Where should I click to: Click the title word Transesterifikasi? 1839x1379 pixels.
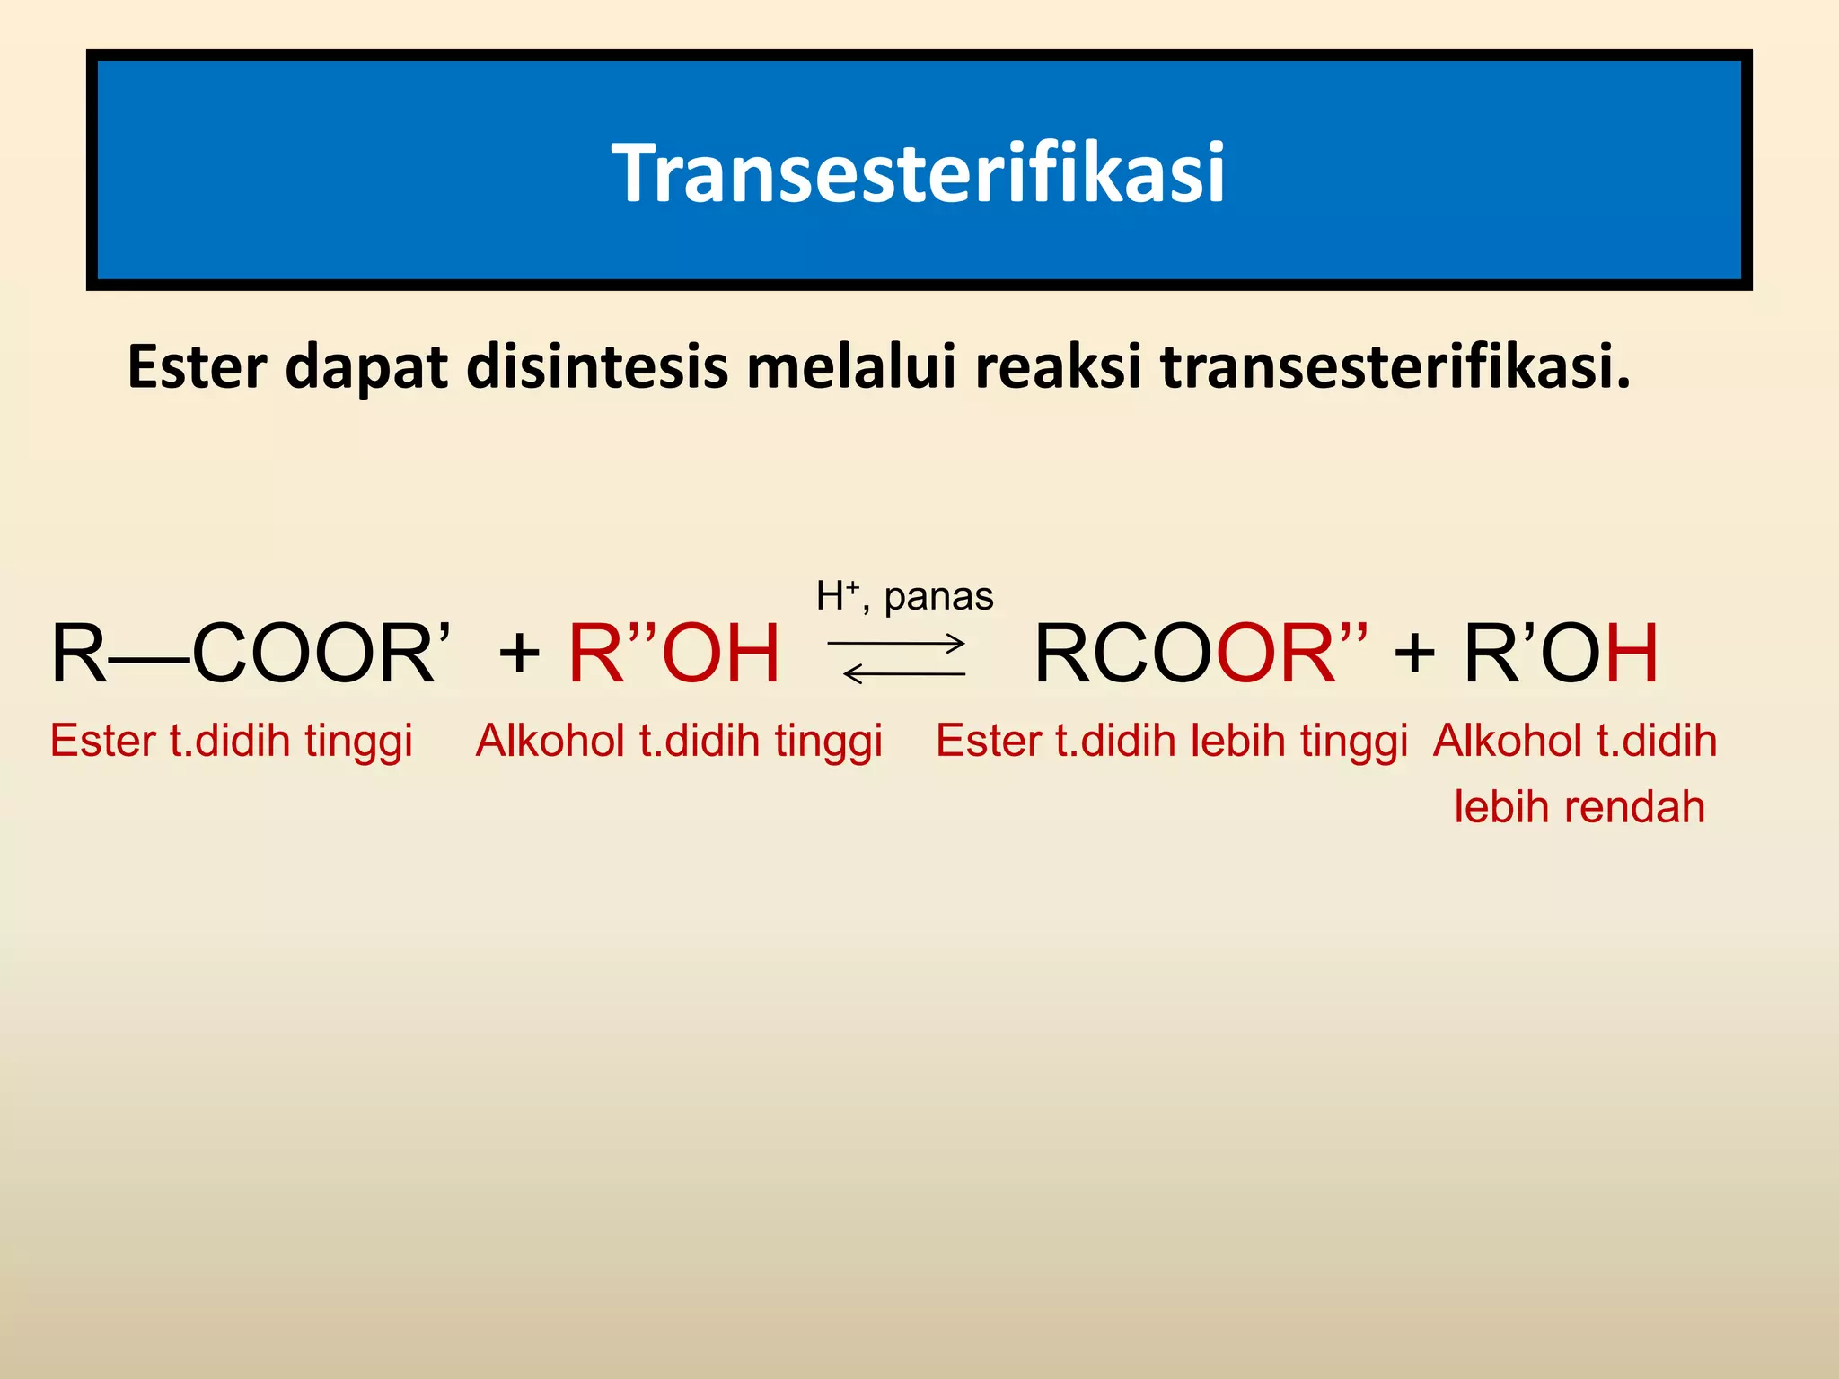[x=919, y=172]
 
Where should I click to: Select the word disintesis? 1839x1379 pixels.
[x=596, y=367]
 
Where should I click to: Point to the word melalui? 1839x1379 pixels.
[x=851, y=367]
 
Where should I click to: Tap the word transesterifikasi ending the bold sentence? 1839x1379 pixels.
[x=1395, y=367]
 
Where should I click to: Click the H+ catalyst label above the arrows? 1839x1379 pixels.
[x=838, y=596]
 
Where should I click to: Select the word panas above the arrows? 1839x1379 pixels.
[x=938, y=597]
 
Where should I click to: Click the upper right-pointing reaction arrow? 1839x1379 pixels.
[x=896, y=642]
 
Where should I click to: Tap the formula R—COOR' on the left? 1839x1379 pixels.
[x=251, y=654]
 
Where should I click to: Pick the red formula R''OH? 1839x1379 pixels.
[x=674, y=654]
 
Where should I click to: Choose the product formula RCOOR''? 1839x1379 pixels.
[x=1201, y=654]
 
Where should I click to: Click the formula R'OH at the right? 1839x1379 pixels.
[x=1561, y=654]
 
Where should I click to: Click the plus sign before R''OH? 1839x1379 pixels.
[x=519, y=653]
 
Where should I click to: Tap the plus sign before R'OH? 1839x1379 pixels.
[x=1414, y=653]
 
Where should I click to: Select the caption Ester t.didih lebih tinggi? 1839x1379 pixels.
[x=1172, y=742]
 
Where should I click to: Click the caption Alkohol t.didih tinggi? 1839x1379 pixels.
[x=679, y=742]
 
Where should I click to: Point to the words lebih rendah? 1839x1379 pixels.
[x=1579, y=806]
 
